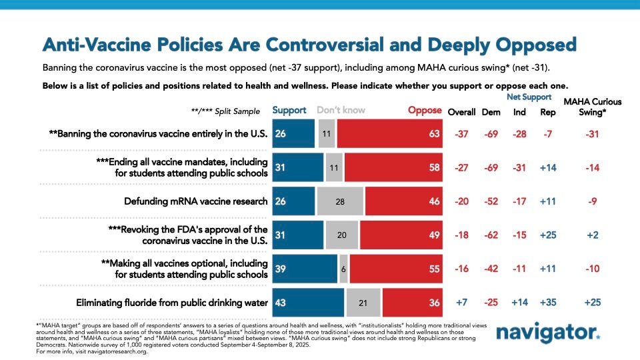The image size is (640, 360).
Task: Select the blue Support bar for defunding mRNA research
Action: click(x=293, y=201)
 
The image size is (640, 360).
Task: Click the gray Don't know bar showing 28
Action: click(x=339, y=201)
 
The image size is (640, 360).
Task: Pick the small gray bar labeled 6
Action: click(x=343, y=269)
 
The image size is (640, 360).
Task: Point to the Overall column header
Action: click(x=461, y=111)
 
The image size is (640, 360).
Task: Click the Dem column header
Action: click(x=491, y=111)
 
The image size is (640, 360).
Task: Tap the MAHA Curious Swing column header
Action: click(x=593, y=107)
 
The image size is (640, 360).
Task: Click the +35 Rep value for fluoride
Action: click(x=549, y=303)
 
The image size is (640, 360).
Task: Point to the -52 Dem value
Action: click(x=491, y=201)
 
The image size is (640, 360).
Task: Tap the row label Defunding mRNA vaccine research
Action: click(x=196, y=201)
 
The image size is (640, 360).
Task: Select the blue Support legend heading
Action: click(x=289, y=110)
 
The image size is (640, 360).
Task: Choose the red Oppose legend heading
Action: click(x=425, y=110)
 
